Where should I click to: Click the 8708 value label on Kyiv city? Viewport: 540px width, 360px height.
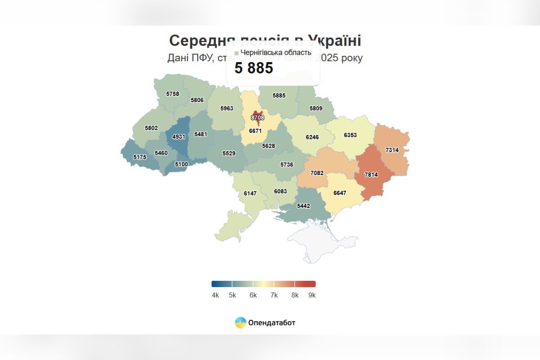click(257, 117)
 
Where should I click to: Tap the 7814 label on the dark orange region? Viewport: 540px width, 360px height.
click(371, 175)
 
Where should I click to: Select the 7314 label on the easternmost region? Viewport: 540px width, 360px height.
click(392, 150)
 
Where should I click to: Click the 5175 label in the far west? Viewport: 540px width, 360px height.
click(140, 157)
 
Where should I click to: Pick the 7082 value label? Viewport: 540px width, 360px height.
click(317, 173)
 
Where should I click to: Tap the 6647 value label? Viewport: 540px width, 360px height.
click(340, 193)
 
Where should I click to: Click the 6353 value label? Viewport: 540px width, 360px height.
click(350, 135)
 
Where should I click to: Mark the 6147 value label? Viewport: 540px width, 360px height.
click(250, 193)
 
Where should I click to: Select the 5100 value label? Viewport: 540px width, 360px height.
click(181, 164)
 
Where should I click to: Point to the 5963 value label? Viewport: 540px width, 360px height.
click(227, 108)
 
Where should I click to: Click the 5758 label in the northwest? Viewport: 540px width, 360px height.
click(172, 94)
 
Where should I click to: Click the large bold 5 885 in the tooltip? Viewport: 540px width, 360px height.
click(254, 68)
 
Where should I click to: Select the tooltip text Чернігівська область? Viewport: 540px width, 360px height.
click(276, 53)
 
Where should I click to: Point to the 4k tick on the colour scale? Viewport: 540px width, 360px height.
click(215, 295)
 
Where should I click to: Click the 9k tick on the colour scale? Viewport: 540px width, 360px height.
click(312, 295)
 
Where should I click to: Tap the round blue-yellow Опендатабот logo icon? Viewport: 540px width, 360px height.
click(240, 323)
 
